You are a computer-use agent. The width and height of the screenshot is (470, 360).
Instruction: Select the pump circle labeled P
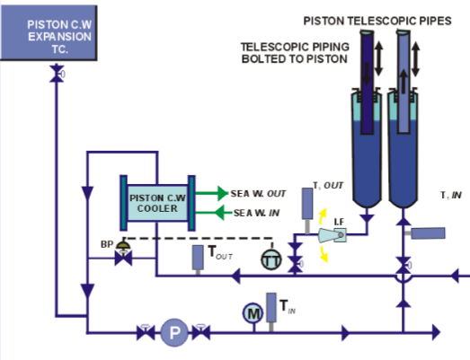(173, 335)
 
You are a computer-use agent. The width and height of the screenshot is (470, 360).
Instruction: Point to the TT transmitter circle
(270, 259)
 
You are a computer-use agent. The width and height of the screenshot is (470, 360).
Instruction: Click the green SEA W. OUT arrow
(209, 192)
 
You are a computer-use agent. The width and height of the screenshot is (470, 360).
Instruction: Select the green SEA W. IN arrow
(209, 212)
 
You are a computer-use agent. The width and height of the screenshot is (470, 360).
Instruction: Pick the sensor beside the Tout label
(197, 256)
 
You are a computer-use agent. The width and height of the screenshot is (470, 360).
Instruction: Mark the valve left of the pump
(144, 334)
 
